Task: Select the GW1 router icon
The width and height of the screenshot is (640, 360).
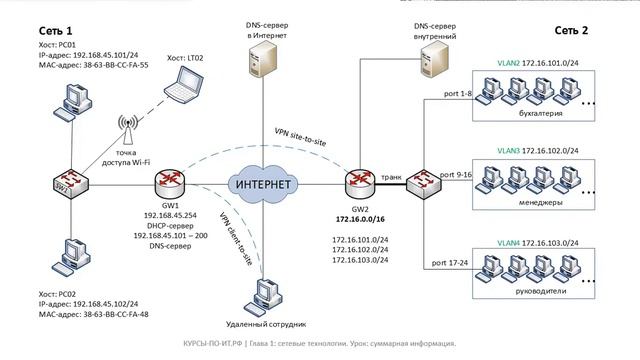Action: tap(167, 184)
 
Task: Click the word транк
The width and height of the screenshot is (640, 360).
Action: tap(391, 176)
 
